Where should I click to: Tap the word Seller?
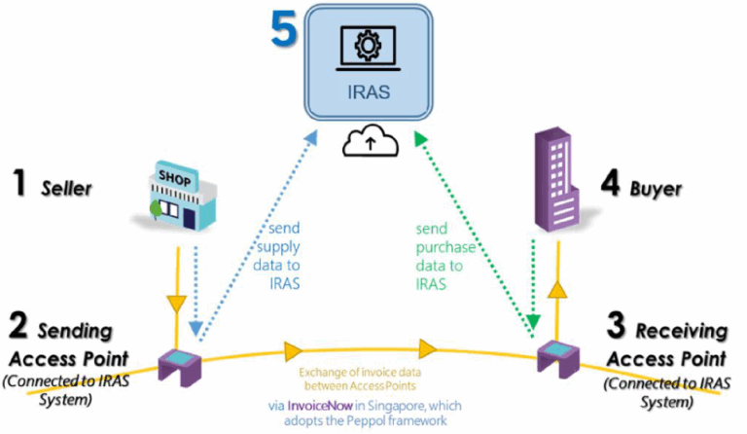click(66, 188)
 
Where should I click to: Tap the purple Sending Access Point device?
click(182, 365)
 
